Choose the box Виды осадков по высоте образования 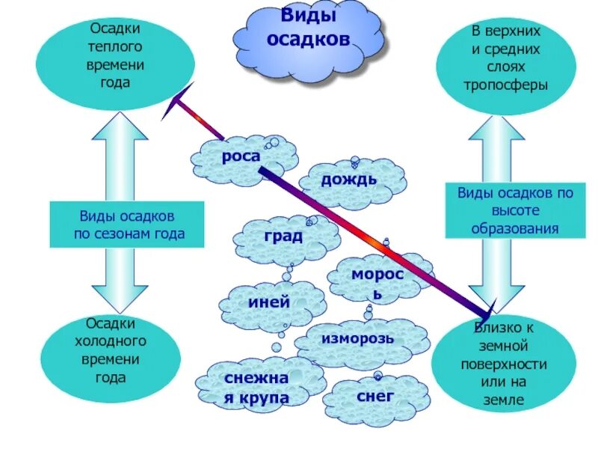pos(514,210)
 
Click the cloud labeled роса pos(240,158)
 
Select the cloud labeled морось pos(377,283)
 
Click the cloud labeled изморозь pos(358,339)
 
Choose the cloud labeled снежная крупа pos(256,388)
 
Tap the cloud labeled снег pos(376,397)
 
